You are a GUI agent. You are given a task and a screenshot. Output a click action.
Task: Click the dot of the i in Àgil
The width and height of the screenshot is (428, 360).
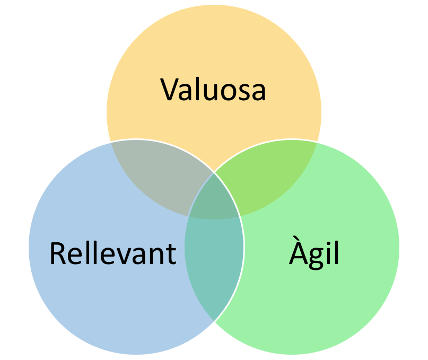tap(326, 243)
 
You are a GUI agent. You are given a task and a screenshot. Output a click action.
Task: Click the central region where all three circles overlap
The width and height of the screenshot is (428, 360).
tap(214, 199)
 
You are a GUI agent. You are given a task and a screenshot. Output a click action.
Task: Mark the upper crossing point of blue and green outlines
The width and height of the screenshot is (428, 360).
tap(214, 172)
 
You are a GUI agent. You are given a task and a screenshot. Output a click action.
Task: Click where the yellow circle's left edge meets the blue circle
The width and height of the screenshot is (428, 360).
tap(111, 142)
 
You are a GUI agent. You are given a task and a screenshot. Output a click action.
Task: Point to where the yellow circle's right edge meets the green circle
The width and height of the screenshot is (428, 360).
tap(317, 142)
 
